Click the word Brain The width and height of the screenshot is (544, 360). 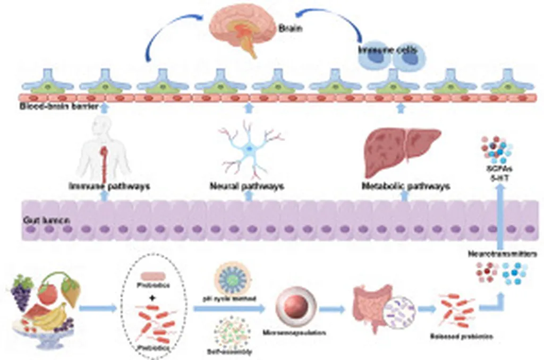[291, 29]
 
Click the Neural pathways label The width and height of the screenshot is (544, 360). [246, 186]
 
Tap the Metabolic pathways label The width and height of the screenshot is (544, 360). [405, 186]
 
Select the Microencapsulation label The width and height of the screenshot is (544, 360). [294, 333]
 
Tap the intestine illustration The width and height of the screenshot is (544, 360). [370, 307]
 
